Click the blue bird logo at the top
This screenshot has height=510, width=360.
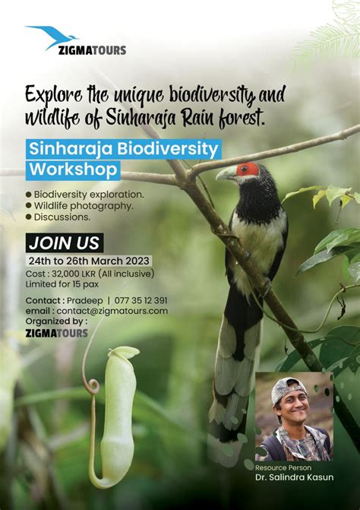pos(52,36)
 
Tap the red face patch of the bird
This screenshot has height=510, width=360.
pos(247,169)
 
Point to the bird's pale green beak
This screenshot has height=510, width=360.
pos(226,174)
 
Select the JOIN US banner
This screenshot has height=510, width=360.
pos(64,243)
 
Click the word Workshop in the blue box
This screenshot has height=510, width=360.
pos(73,169)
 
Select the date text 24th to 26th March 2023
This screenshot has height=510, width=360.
pos(90,261)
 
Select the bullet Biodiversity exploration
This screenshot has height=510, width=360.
pos(88,194)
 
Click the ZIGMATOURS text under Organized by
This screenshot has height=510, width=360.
pos(56,333)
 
